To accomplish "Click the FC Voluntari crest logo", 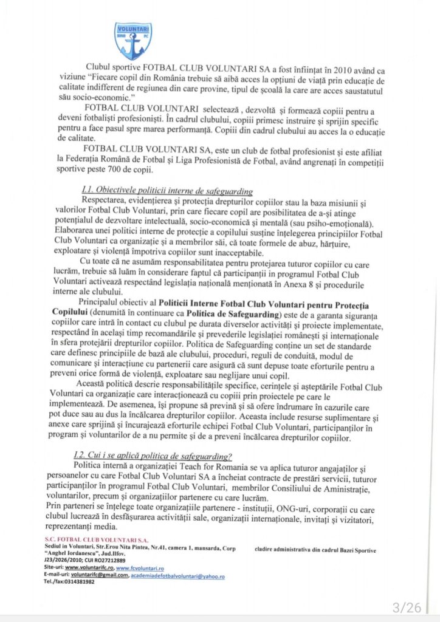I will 132,41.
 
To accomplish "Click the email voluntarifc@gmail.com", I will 98,575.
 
